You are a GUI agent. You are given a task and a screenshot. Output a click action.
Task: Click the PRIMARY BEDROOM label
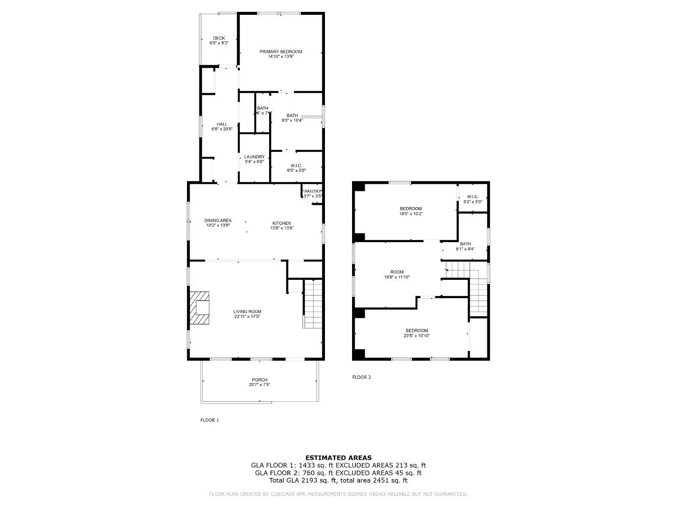(x=281, y=52)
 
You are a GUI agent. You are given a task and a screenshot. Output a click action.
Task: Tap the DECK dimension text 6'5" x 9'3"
(x=219, y=43)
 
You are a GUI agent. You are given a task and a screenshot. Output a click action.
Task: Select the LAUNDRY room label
(x=254, y=157)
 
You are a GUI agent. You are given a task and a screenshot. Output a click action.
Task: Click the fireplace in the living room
(x=200, y=308)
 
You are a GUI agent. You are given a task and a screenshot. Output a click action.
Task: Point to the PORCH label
(x=259, y=380)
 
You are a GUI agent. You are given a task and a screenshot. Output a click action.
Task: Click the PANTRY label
(x=313, y=191)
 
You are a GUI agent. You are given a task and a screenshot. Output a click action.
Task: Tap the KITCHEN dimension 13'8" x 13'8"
(x=282, y=228)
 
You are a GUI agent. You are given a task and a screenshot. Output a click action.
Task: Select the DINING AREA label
(x=218, y=221)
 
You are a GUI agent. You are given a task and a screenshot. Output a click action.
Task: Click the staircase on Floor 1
(x=313, y=304)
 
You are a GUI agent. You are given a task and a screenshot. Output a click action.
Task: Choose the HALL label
(x=222, y=124)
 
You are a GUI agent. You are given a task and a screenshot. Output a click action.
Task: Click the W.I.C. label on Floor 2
(x=473, y=196)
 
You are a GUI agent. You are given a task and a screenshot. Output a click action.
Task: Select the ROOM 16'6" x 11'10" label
(x=396, y=272)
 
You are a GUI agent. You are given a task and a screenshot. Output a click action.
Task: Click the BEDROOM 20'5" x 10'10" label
(x=417, y=331)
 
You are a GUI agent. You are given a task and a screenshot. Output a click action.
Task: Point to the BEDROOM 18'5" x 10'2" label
(x=411, y=209)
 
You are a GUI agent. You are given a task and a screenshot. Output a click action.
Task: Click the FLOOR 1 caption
(x=209, y=420)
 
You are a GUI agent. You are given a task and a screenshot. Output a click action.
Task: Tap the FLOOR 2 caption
(x=361, y=377)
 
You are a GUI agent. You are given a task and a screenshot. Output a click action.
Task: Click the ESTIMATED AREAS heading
(x=338, y=458)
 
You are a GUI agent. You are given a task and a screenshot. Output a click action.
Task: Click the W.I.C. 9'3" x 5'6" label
(x=296, y=166)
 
